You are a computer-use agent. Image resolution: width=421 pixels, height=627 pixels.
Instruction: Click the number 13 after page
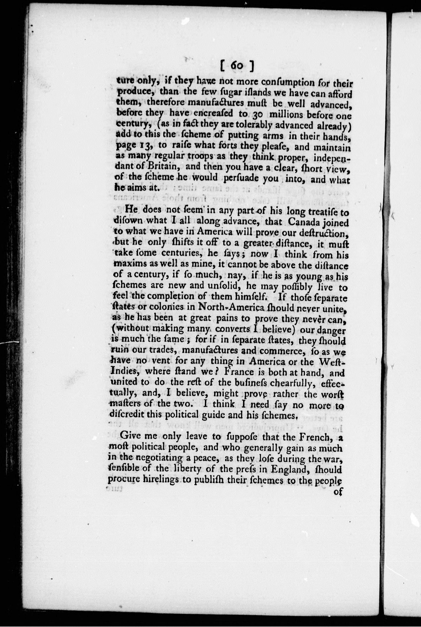click(x=144, y=147)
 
